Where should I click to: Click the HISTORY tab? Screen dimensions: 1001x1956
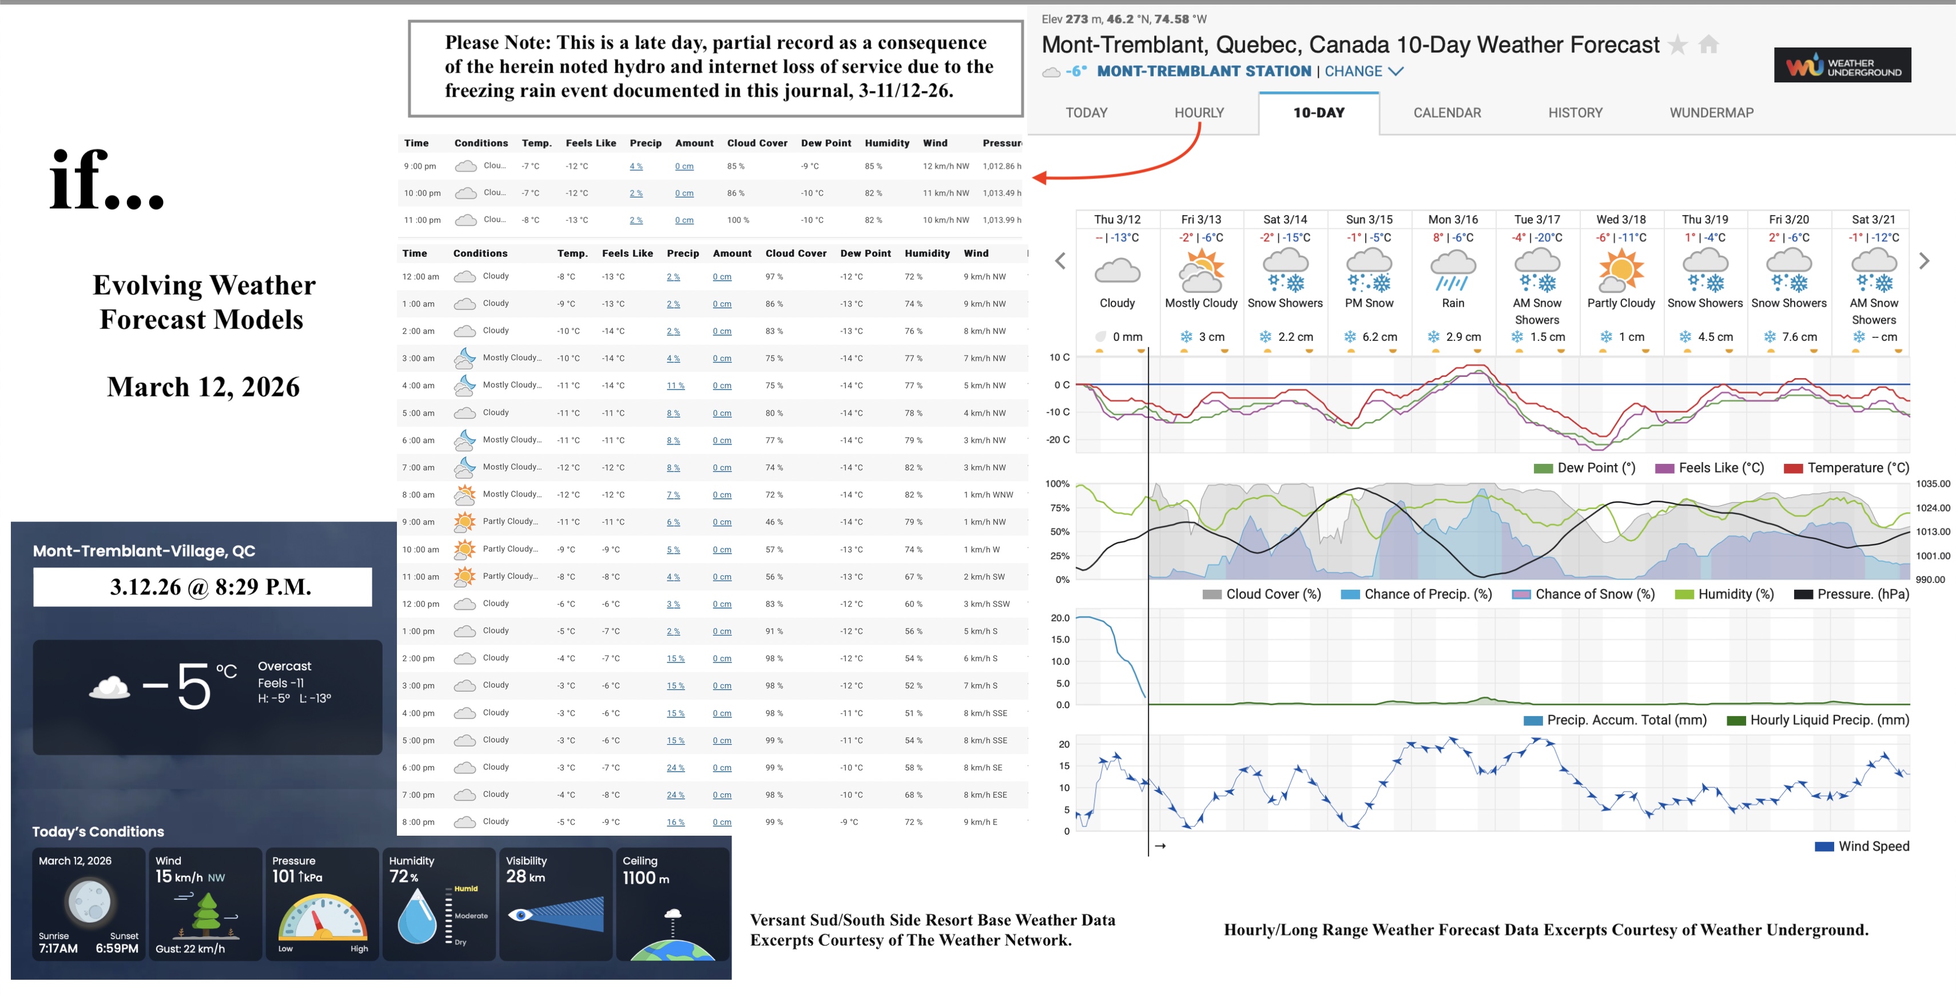pyautogui.click(x=1575, y=113)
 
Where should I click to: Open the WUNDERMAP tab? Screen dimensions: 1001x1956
pyautogui.click(x=1711, y=113)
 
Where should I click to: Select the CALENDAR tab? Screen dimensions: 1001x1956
pyautogui.click(x=1446, y=113)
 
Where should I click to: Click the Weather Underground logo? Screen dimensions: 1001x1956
pyautogui.click(x=1842, y=65)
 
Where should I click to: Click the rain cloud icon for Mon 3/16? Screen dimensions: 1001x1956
pyautogui.click(x=1453, y=272)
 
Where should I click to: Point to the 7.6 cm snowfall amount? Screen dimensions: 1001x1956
pyautogui.click(x=1799, y=336)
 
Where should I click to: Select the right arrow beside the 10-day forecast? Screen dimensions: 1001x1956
pyautogui.click(x=1923, y=261)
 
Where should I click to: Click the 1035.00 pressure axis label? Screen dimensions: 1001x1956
pyautogui.click(x=1933, y=484)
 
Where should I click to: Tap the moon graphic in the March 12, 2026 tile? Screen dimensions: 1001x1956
pyautogui.click(x=89, y=901)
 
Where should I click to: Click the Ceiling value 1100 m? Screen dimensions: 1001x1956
pyautogui.click(x=645, y=878)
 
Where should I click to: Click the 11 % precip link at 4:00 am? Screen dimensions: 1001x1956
pyautogui.click(x=675, y=386)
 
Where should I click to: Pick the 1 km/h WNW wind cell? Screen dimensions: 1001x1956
pyautogui.click(x=987, y=494)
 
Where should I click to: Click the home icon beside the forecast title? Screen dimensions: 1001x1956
pyautogui.click(x=1708, y=45)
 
